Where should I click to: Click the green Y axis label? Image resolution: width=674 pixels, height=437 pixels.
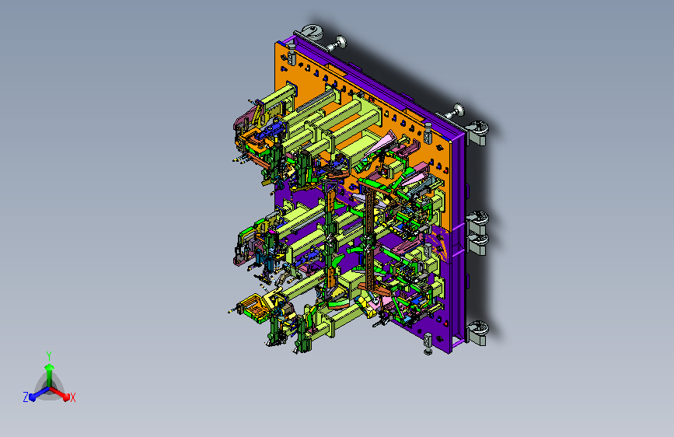(x=49, y=356)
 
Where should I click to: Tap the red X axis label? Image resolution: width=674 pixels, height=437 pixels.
(x=72, y=398)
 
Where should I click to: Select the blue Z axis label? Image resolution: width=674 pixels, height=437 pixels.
(x=26, y=397)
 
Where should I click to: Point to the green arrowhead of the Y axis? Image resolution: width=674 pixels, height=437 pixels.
(x=50, y=367)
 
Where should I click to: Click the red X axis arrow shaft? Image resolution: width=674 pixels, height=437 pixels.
(x=58, y=392)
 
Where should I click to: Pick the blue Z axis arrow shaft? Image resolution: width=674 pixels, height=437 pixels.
(x=42, y=392)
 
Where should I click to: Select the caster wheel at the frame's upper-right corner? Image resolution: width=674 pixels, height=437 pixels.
(x=478, y=132)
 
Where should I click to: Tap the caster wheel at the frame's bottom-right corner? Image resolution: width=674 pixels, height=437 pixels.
(x=478, y=333)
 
